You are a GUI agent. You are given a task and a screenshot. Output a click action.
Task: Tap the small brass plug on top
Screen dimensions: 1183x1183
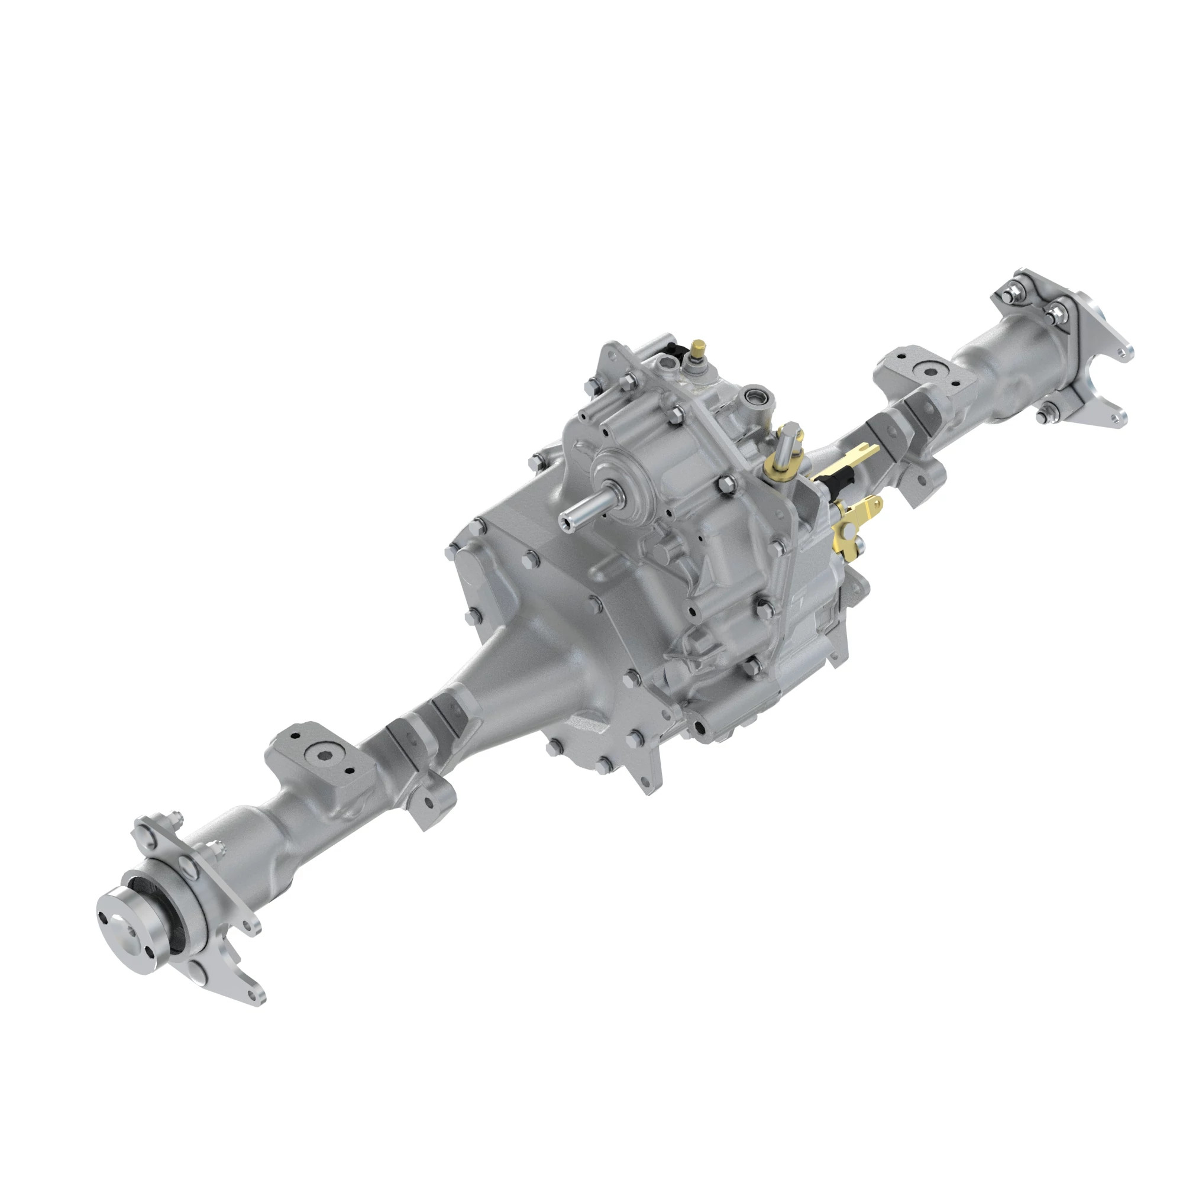pyautogui.click(x=697, y=350)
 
